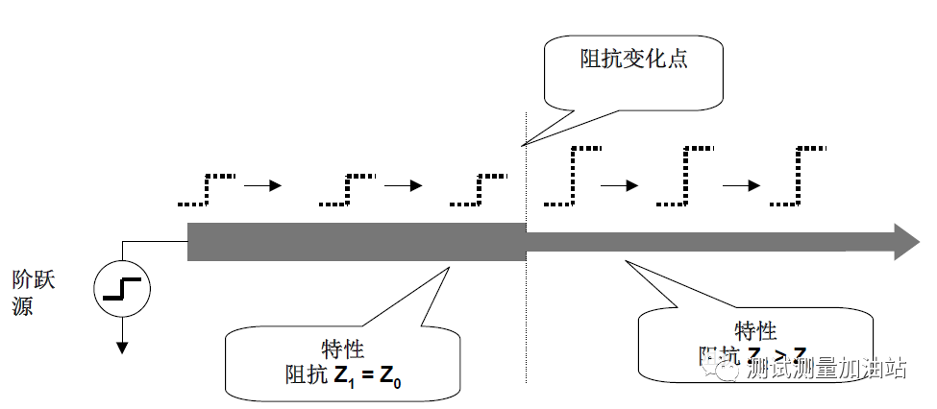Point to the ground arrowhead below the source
(121, 346)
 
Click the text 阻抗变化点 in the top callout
(634, 60)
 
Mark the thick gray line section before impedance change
(356, 241)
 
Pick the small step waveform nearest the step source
(208, 190)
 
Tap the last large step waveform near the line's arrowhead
(798, 177)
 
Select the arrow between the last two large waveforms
(740, 185)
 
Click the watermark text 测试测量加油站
(826, 368)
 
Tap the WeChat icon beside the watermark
(721, 366)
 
